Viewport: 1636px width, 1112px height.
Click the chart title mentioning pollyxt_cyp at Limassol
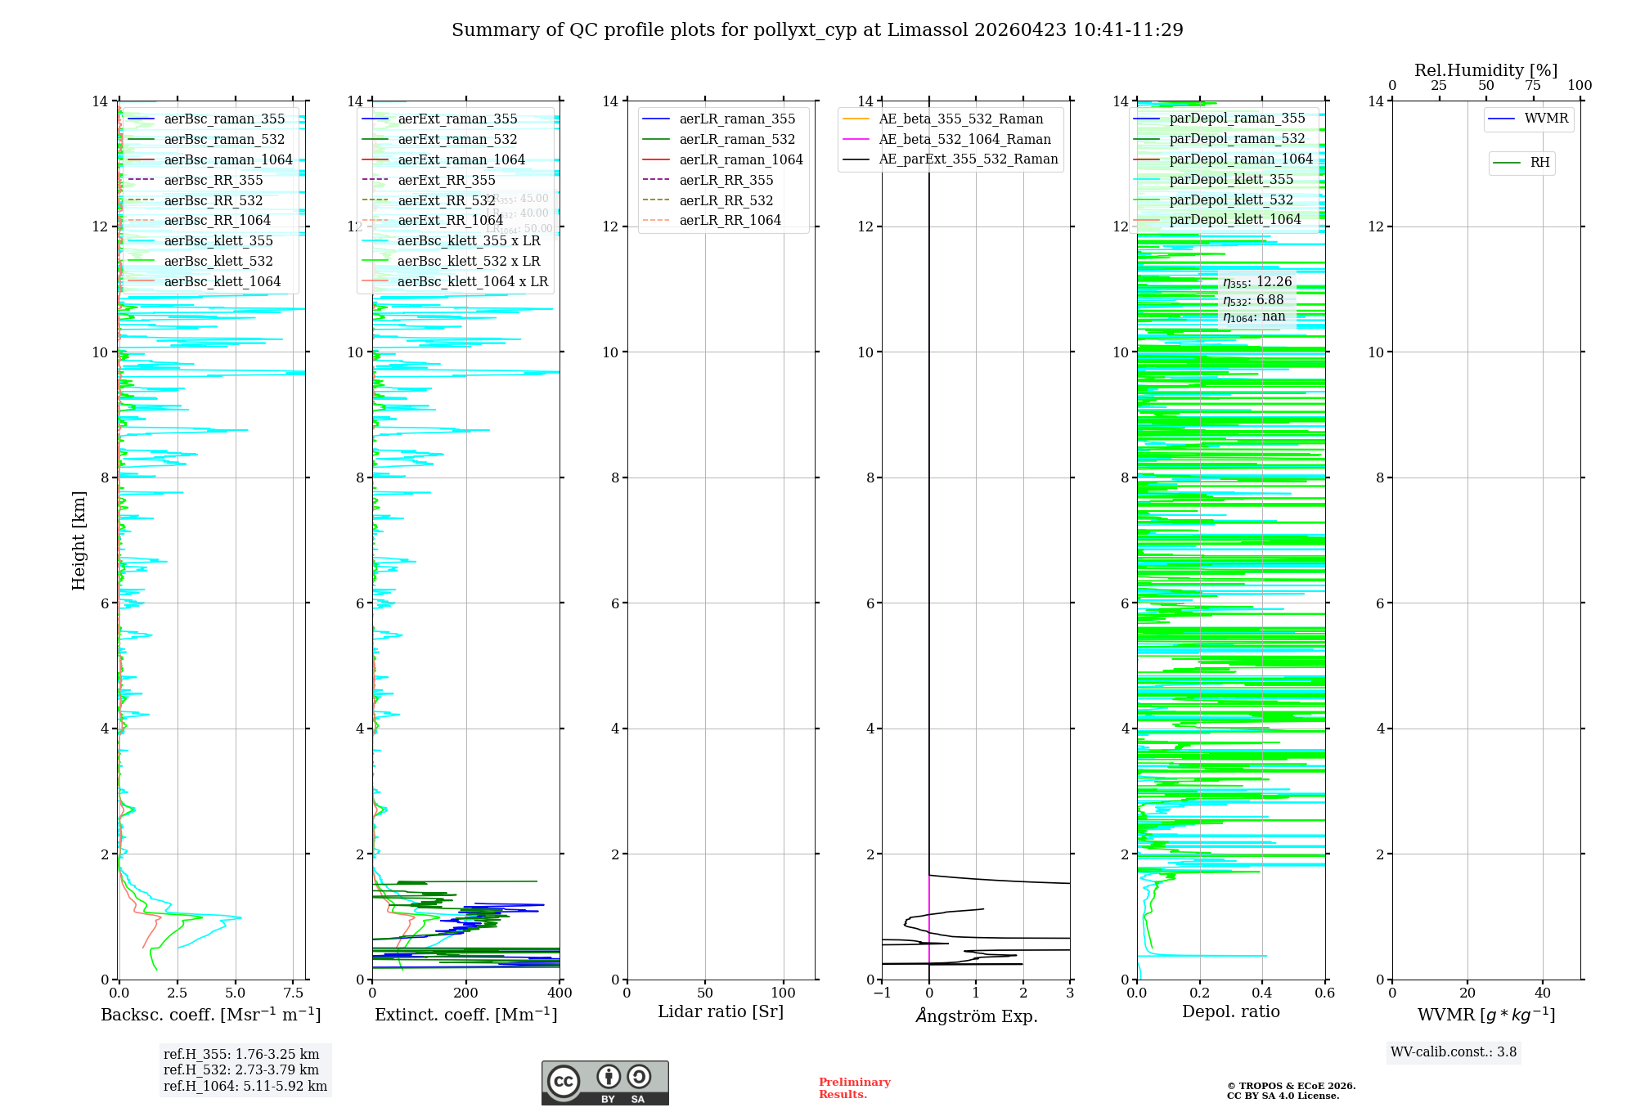tap(817, 30)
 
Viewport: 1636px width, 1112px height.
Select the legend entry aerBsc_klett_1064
tap(222, 281)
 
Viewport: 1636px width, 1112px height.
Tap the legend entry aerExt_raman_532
tap(457, 139)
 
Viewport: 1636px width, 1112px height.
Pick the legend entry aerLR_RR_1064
tap(730, 220)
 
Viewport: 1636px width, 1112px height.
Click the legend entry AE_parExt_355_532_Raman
tap(968, 159)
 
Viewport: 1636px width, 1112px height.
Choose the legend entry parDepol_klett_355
tap(1231, 179)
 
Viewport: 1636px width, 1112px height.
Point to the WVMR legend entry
tap(1546, 119)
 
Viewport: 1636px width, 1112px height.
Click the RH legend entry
tap(1539, 163)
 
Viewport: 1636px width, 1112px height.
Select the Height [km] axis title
tap(79, 540)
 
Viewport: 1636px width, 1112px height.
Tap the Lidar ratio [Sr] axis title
tap(721, 1011)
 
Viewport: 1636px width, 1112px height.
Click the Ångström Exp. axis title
tap(976, 1016)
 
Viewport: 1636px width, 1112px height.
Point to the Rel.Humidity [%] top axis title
tap(1485, 70)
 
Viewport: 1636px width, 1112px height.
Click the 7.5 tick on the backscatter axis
tap(294, 993)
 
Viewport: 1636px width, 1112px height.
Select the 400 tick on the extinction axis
tap(560, 993)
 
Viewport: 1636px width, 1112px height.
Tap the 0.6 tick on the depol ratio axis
tap(1324, 993)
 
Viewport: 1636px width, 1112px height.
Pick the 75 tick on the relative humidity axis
tap(1533, 86)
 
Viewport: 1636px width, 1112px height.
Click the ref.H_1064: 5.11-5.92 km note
tap(245, 1086)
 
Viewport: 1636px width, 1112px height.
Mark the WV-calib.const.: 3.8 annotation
tap(1454, 1052)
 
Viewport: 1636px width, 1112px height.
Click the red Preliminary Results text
tap(854, 1088)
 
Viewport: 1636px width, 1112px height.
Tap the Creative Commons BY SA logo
tap(605, 1083)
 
